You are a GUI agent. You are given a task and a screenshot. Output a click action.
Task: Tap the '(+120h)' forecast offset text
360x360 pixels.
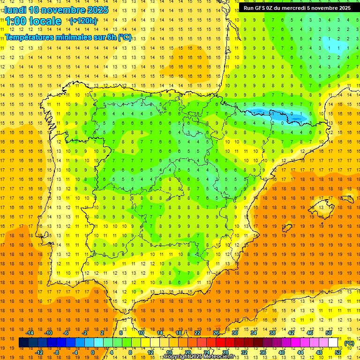point(83,21)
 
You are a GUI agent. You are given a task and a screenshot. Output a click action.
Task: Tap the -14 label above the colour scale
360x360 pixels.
point(30,333)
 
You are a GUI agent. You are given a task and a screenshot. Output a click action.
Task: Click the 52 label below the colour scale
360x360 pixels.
point(338,352)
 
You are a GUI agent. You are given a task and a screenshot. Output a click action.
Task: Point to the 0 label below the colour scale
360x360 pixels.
point(92,352)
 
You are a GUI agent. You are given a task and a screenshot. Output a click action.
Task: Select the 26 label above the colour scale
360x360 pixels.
point(216,333)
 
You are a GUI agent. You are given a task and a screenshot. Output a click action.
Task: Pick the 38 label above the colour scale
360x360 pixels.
point(272,333)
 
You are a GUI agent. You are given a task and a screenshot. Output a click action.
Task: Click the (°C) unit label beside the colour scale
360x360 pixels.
point(349,343)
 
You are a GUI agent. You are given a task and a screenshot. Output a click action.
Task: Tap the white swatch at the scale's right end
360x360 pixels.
point(333,343)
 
